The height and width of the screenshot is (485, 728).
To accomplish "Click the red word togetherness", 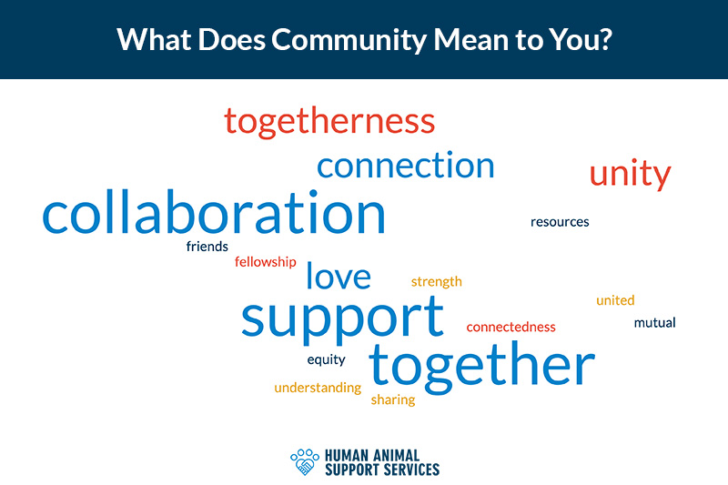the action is (x=329, y=122).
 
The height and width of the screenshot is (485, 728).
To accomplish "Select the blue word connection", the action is (x=405, y=166).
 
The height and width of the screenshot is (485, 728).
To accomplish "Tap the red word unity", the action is (x=630, y=174).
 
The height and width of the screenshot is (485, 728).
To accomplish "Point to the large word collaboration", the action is (x=214, y=212).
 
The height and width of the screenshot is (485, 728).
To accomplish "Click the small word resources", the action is (x=560, y=222).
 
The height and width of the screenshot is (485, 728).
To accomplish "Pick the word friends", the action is (x=207, y=246).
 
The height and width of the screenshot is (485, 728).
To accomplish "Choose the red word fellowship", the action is (x=265, y=262).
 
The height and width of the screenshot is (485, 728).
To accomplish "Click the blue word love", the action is (x=339, y=276).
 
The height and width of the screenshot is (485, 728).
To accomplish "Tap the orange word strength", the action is (x=437, y=282).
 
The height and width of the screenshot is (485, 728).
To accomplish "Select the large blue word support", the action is (x=343, y=319).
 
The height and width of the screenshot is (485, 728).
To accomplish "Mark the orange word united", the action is (x=615, y=300).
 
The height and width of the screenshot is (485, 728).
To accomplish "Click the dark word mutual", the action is (x=654, y=322).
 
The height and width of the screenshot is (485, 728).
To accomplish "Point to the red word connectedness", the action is (x=511, y=328).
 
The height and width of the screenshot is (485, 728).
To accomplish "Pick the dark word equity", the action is (x=326, y=359).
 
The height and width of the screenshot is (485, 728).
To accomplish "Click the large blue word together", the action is (x=482, y=367).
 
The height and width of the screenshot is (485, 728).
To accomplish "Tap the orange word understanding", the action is (x=318, y=388).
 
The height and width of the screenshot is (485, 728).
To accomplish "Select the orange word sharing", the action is (x=393, y=399).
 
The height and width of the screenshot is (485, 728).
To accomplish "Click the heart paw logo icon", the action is (x=305, y=461).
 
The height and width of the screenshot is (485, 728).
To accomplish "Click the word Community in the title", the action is (x=349, y=40).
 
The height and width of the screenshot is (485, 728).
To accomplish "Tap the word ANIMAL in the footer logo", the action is (x=396, y=455).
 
